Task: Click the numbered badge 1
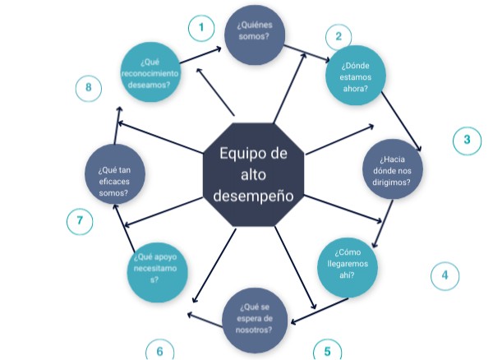(201, 29)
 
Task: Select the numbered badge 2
(338, 37)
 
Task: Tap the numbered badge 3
(467, 140)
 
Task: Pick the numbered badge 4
(445, 275)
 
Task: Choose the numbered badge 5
(327, 351)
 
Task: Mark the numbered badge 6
(159, 351)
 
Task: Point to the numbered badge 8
(88, 88)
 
